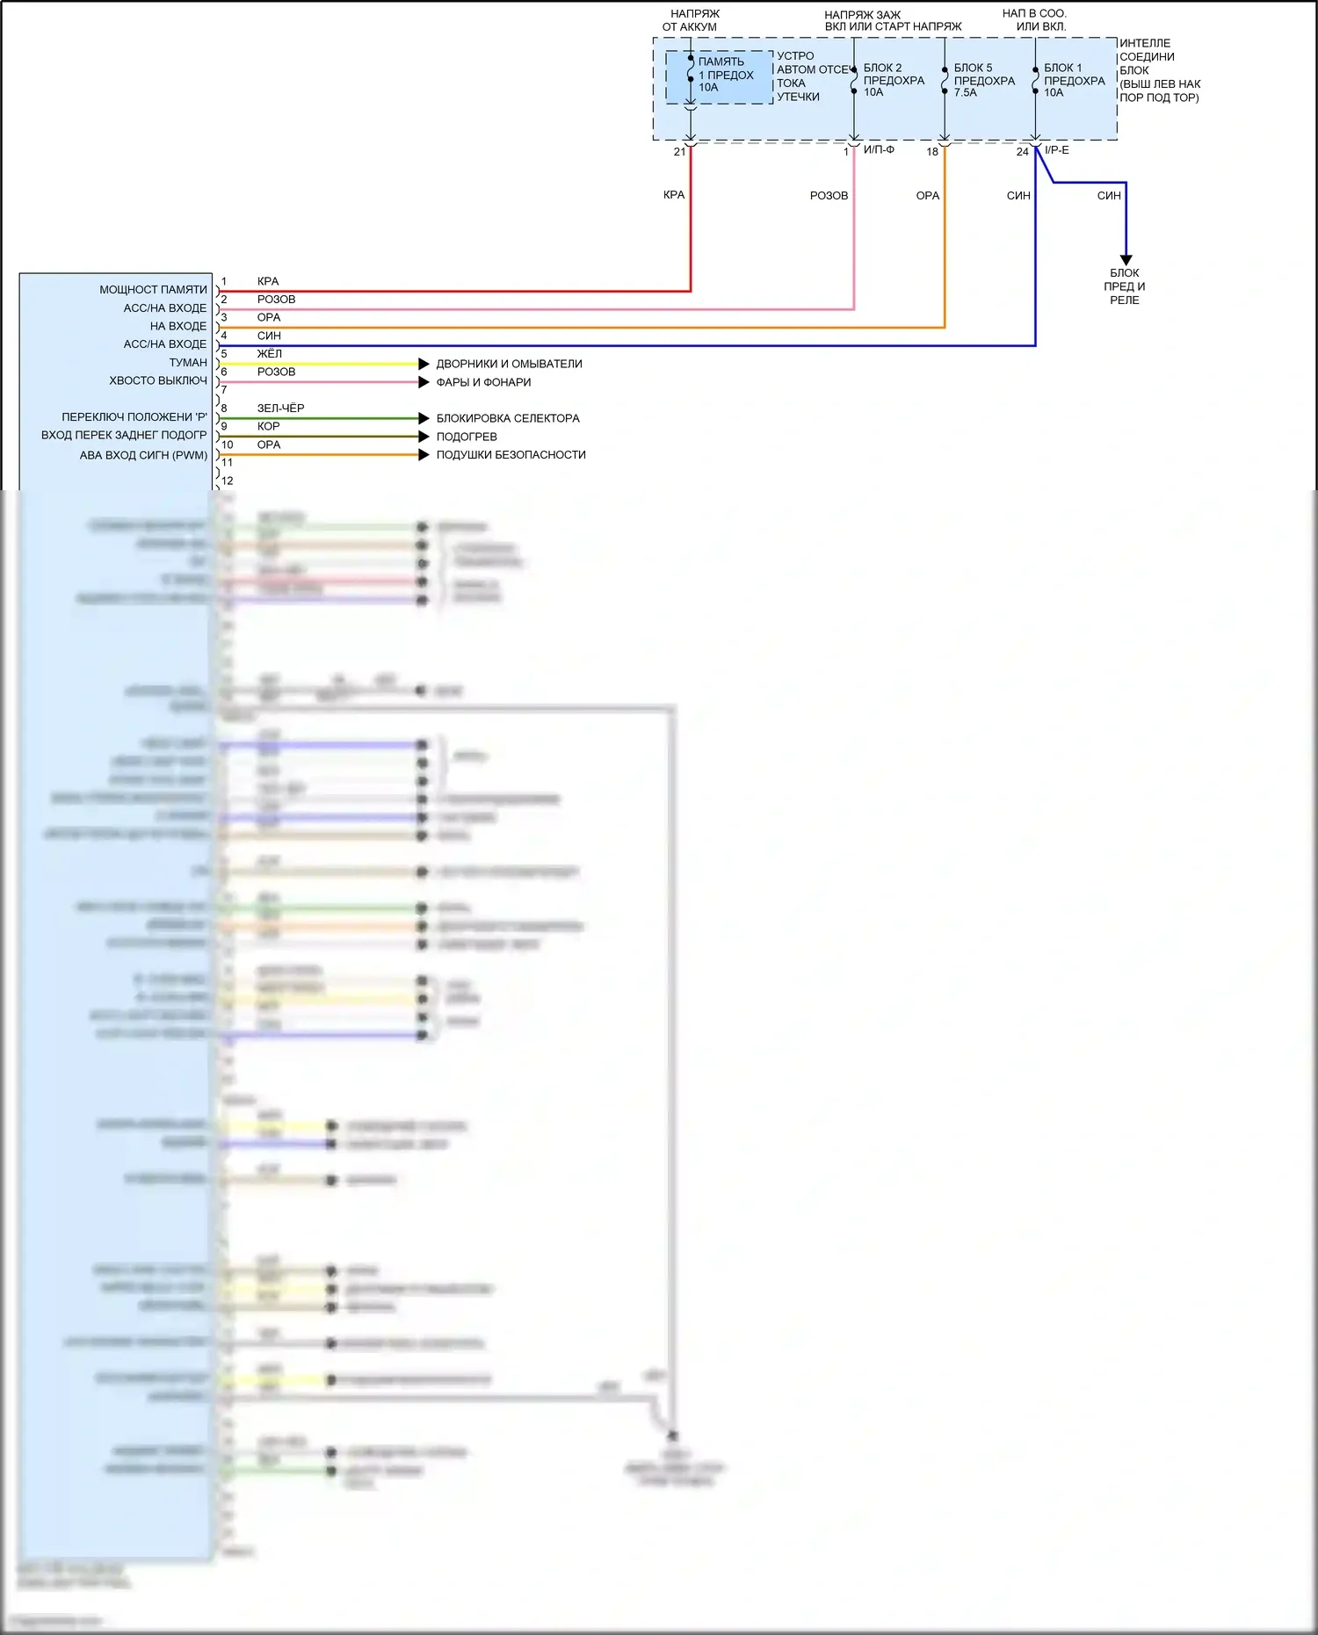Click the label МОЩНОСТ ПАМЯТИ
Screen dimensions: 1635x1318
pos(153,289)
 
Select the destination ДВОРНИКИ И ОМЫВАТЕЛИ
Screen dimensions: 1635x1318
pos(509,364)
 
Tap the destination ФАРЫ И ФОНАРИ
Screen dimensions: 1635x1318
pos(483,382)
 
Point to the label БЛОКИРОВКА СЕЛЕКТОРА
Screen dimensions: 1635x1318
pos(508,418)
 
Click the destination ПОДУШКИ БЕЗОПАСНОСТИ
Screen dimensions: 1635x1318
pos(511,454)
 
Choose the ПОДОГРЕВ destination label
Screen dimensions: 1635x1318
pos(467,437)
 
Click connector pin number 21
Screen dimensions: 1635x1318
pos(679,152)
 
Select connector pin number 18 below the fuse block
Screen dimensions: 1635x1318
pos(932,152)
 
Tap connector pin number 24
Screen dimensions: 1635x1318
pos(1023,152)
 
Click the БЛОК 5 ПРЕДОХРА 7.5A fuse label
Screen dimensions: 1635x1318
pos(984,80)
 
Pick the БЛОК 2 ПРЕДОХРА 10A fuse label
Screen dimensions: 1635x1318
pos(894,80)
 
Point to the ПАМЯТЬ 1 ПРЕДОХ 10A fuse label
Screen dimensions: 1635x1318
pos(726,75)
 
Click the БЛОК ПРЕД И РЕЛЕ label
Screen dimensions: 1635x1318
pos(1125,286)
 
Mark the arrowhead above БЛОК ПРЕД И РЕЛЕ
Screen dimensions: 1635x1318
pos(1126,260)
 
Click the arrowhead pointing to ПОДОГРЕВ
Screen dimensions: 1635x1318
pos(424,437)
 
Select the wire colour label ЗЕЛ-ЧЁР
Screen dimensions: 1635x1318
pos(280,409)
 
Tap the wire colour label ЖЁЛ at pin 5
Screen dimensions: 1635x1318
pos(270,354)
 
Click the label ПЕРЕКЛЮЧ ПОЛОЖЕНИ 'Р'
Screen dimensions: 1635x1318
pos(134,416)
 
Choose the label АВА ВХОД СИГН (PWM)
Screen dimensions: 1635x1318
pos(143,455)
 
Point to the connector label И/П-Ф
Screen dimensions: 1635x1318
pos(879,150)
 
